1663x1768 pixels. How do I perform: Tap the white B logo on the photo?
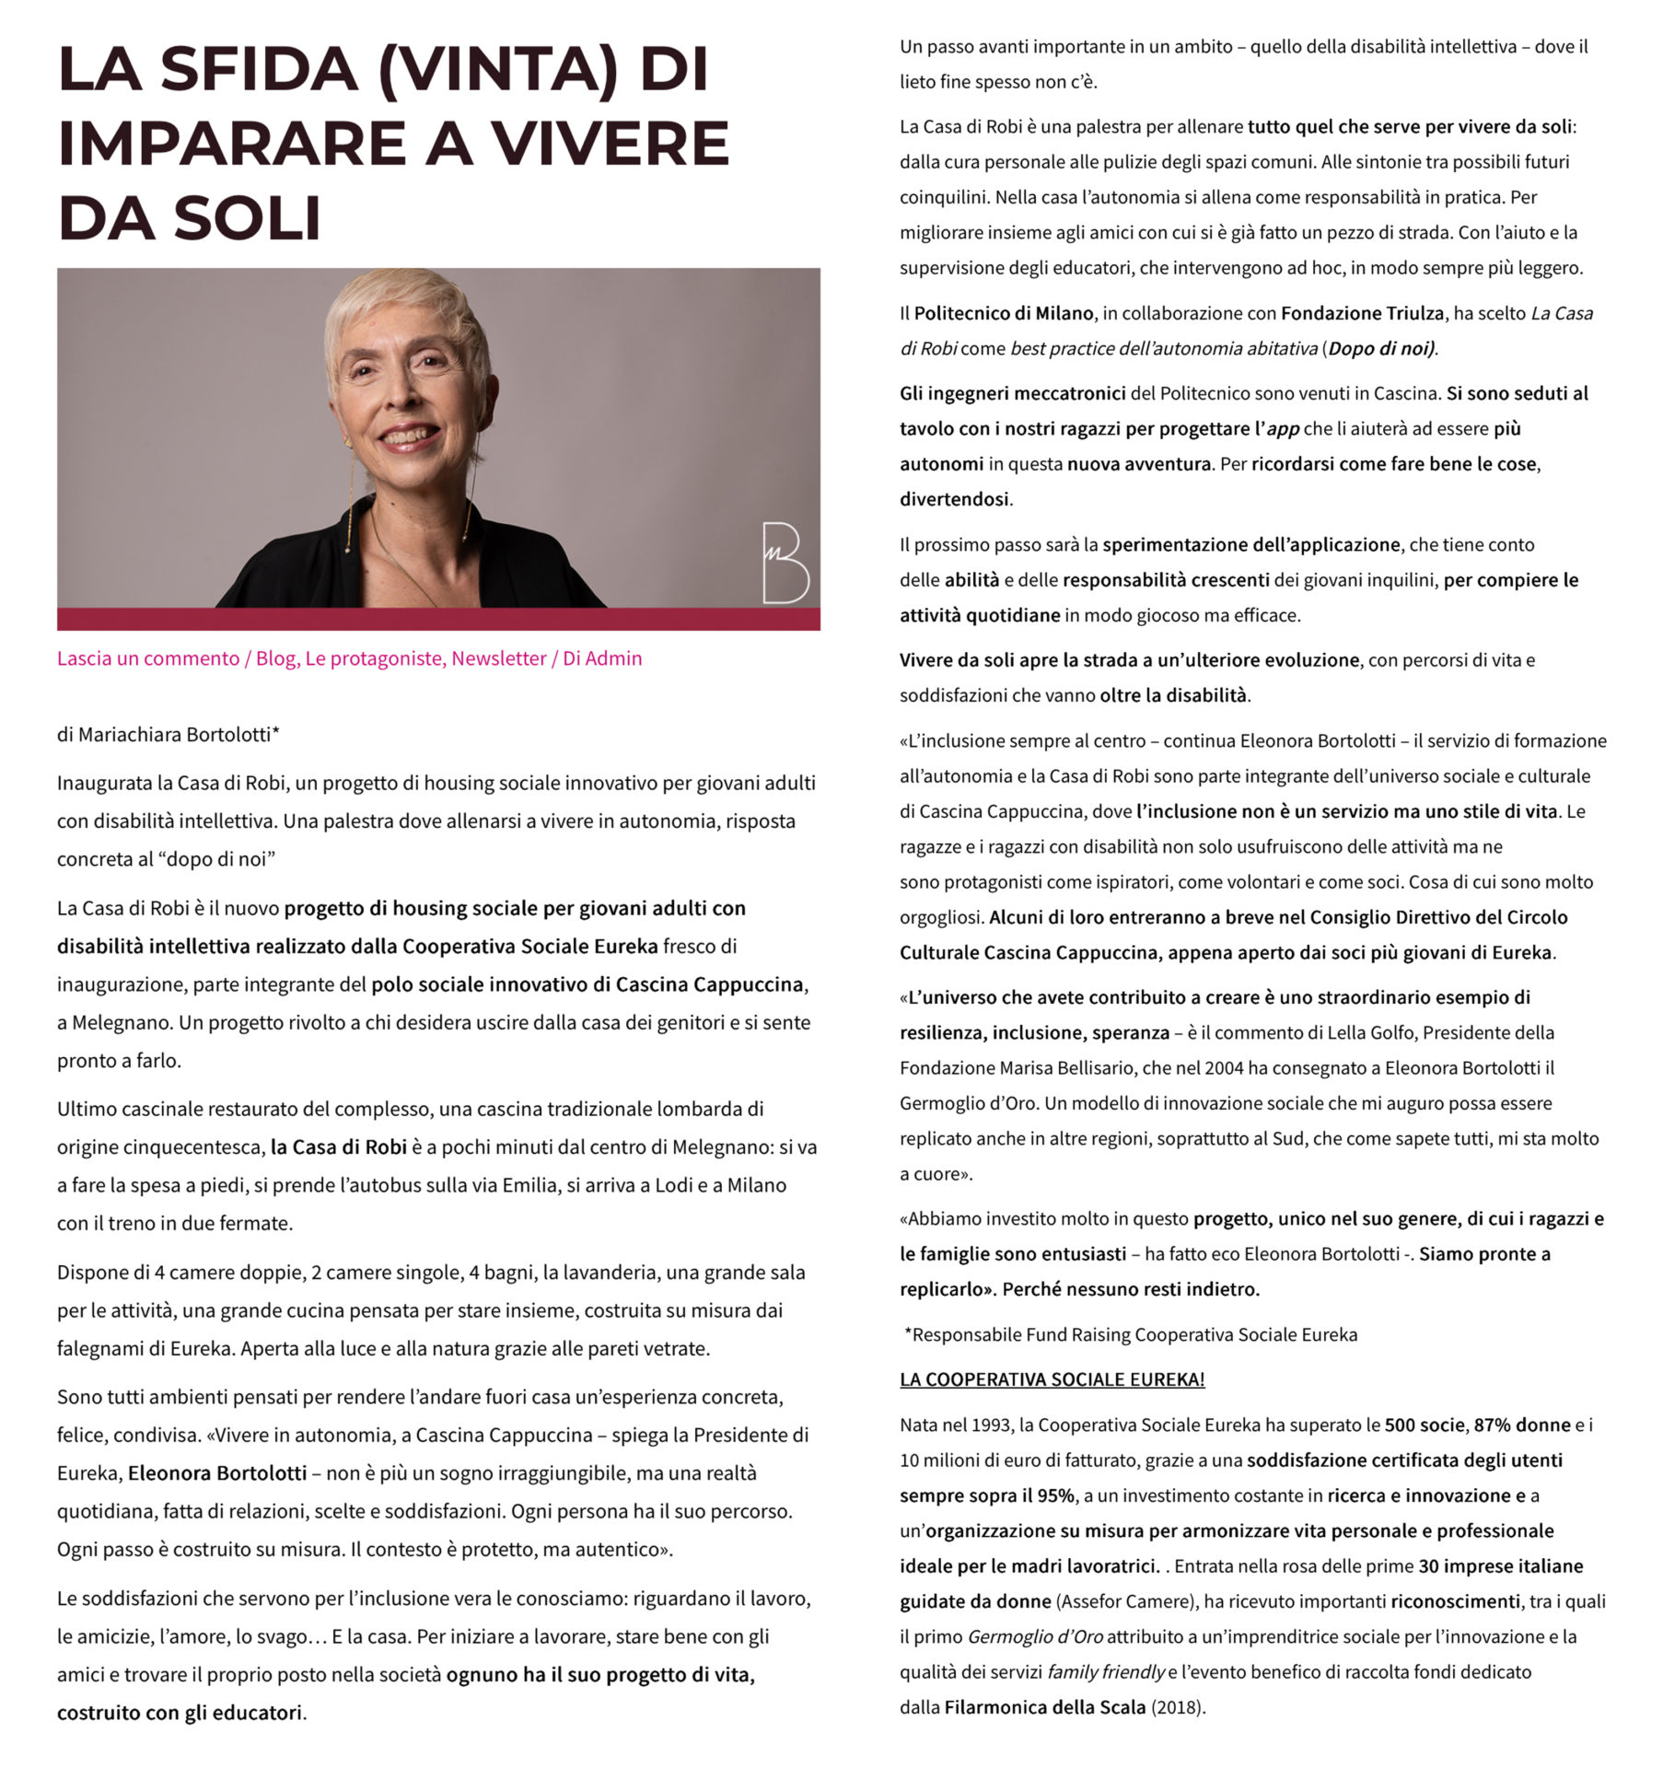pos(785,563)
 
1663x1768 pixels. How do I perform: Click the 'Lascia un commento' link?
pos(148,658)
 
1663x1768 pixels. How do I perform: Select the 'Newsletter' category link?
pos(498,658)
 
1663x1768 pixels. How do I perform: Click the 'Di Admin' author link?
pos(602,658)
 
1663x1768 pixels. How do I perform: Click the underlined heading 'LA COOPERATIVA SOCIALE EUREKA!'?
pos(1052,1378)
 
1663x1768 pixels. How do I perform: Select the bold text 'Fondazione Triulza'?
pos(1362,313)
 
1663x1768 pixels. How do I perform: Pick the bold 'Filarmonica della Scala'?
pos(1044,1706)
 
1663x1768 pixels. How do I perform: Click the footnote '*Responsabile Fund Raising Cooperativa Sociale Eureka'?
pos(1130,1334)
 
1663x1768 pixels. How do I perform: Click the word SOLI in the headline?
pos(247,218)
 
